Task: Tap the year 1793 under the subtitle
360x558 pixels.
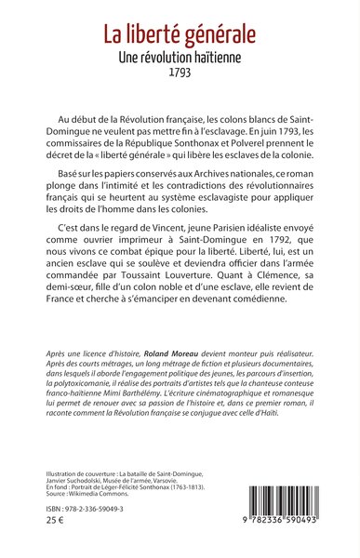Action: pos(180,72)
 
